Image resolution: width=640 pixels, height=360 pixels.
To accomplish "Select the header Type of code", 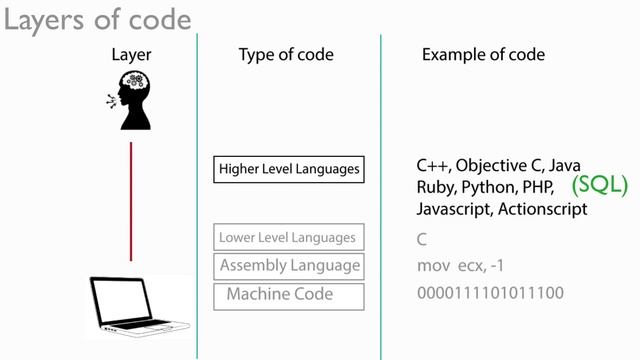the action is [286, 55].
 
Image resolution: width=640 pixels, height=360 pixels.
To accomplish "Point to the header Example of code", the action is [483, 55].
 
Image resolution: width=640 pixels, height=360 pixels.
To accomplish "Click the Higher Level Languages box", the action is [289, 170].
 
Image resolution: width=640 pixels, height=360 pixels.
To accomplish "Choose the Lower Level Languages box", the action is [288, 238].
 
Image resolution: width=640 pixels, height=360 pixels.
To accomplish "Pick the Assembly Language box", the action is [289, 266].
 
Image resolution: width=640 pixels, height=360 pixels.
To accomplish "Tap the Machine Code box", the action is [289, 295].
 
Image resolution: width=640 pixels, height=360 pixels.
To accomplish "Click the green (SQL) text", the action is [599, 185].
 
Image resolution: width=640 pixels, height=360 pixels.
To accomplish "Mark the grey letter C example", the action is [422, 240].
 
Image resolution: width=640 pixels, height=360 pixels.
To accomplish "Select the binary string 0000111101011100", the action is [490, 295].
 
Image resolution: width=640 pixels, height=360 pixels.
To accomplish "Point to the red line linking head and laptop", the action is [131, 200].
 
